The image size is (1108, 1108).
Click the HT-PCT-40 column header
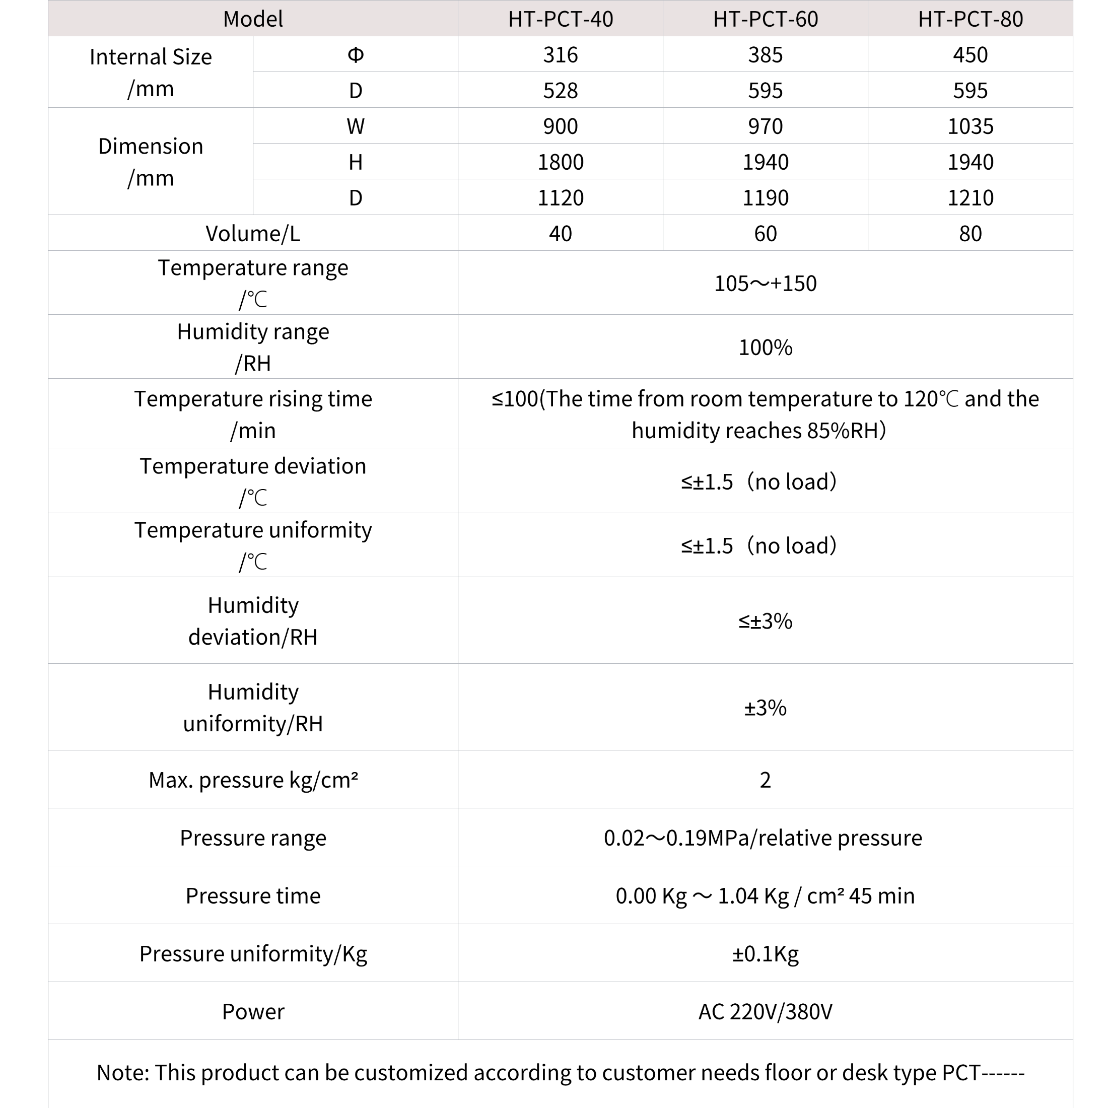click(x=561, y=19)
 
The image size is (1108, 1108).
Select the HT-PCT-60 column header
click(x=765, y=19)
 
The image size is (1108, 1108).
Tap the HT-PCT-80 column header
click(x=970, y=19)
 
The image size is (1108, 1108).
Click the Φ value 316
click(x=561, y=55)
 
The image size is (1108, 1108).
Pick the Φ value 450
click(x=970, y=55)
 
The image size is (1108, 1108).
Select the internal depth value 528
click(x=561, y=91)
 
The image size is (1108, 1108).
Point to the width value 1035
click(x=970, y=126)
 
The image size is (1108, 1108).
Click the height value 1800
click(x=561, y=162)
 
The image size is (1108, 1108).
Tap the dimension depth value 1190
click(x=765, y=198)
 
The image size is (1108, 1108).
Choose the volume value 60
click(x=765, y=233)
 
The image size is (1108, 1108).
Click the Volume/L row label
click(x=253, y=233)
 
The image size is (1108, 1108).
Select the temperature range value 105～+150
click(x=765, y=284)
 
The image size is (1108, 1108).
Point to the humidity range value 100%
click(x=765, y=348)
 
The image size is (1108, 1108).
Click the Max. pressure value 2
click(x=765, y=780)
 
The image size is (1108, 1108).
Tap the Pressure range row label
click(x=253, y=838)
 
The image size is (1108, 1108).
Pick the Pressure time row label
click(x=253, y=896)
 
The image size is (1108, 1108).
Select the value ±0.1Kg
click(x=765, y=954)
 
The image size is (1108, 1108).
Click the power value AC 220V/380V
click(x=765, y=1012)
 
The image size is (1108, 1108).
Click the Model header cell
click(x=253, y=19)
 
